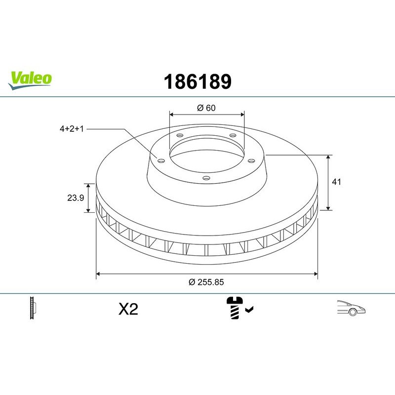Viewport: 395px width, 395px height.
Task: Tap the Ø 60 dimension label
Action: (207, 108)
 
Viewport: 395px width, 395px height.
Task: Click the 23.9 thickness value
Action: (75, 198)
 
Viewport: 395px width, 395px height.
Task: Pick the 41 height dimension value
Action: (336, 182)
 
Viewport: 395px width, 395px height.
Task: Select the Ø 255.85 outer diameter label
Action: (207, 282)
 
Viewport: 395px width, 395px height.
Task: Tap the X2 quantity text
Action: (128, 310)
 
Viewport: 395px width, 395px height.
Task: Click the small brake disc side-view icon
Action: (34, 309)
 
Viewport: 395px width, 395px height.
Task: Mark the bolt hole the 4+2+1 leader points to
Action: (161, 159)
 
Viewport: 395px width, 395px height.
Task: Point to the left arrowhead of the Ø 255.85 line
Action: (98, 273)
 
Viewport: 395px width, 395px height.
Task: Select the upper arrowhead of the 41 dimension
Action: (328, 157)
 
